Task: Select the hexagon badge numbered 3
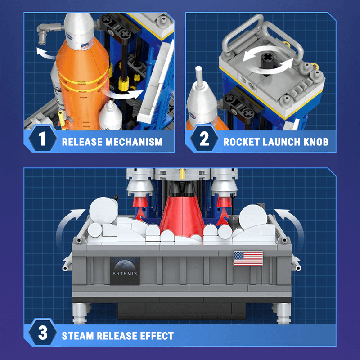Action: (42, 334)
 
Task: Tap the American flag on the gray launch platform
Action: (248, 258)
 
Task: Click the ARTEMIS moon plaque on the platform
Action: (125, 270)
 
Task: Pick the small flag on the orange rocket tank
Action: (84, 45)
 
